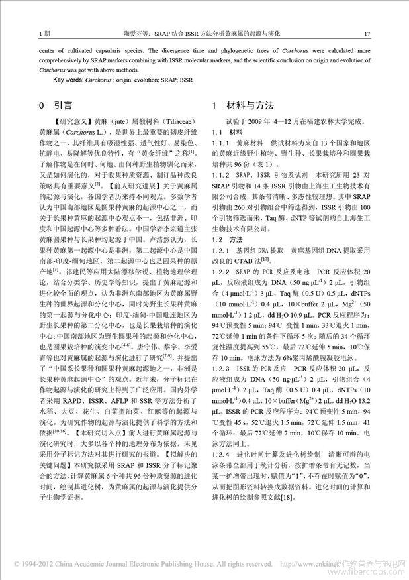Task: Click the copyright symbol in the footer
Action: click(x=10, y=565)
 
